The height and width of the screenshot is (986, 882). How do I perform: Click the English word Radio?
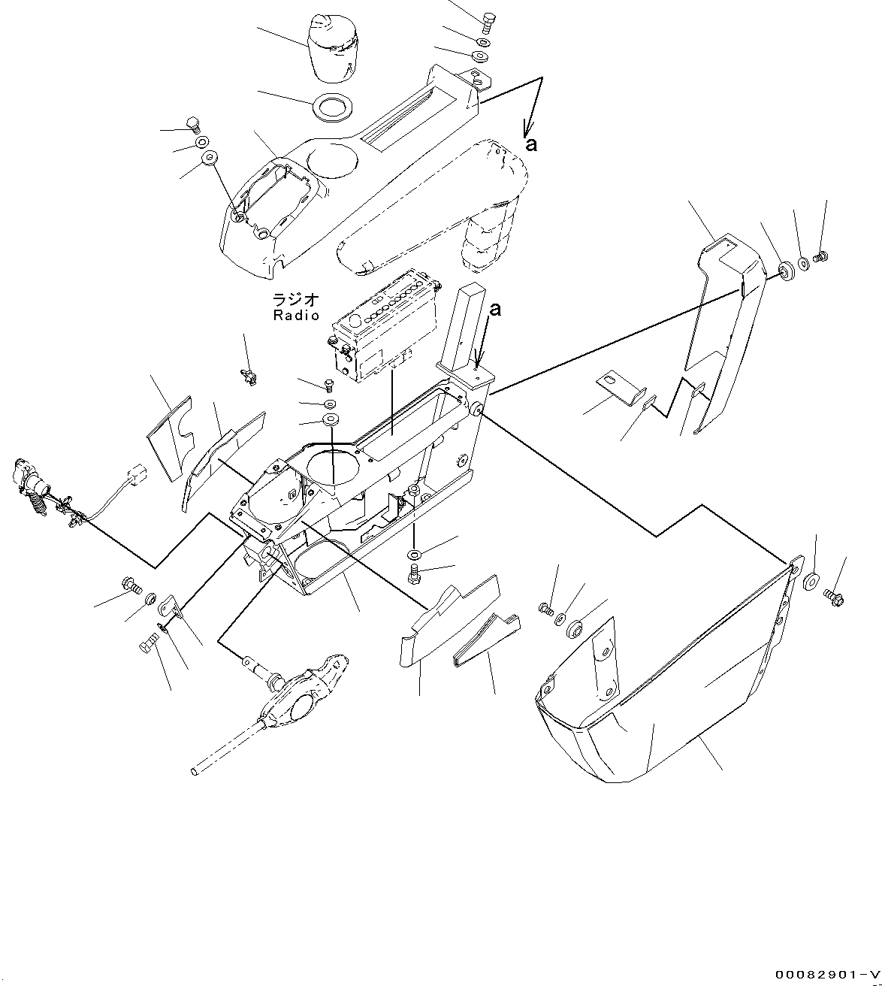pyautogui.click(x=296, y=315)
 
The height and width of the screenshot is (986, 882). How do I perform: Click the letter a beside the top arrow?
pyautogui.click(x=531, y=144)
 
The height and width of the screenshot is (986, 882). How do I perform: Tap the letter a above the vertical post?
pyautogui.click(x=495, y=309)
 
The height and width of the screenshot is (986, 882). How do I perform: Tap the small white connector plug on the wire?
pyautogui.click(x=135, y=472)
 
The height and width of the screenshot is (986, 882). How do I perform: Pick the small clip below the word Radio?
pyautogui.click(x=249, y=377)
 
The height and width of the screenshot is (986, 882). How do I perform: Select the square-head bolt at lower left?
pyautogui.click(x=149, y=644)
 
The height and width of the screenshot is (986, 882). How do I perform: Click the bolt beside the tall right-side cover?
pyautogui.click(x=820, y=256)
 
